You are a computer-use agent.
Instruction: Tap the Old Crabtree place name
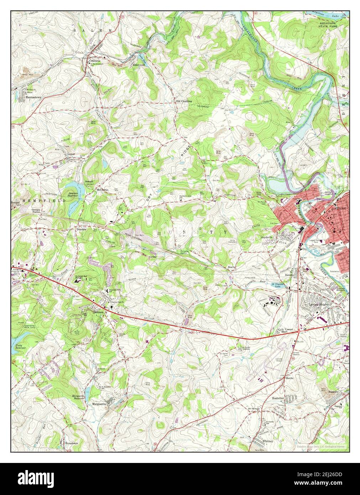(x=184, y=101)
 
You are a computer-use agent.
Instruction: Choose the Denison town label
(x=98, y=312)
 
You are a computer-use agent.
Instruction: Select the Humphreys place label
(x=71, y=443)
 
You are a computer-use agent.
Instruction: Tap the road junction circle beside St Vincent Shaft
(x=297, y=331)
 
